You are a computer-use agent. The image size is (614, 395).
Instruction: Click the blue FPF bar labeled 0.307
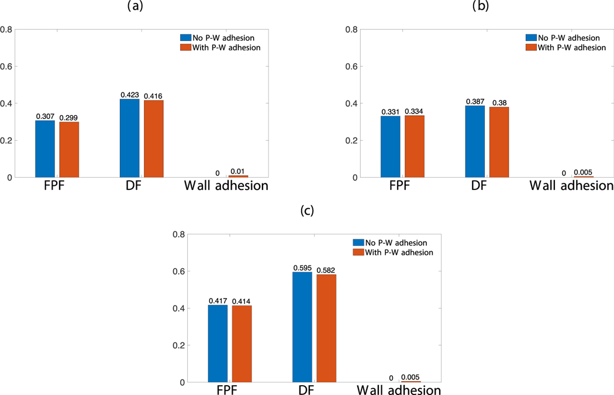[x=45, y=149]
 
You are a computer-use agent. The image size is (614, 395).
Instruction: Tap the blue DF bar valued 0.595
[x=302, y=327]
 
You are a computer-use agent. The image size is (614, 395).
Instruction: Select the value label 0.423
[x=130, y=94]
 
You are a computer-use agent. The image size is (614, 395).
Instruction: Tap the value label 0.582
[x=326, y=269]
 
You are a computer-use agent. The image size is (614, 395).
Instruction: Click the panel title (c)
[x=307, y=212]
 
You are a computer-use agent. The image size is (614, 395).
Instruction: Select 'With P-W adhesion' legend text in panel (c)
[x=400, y=252]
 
